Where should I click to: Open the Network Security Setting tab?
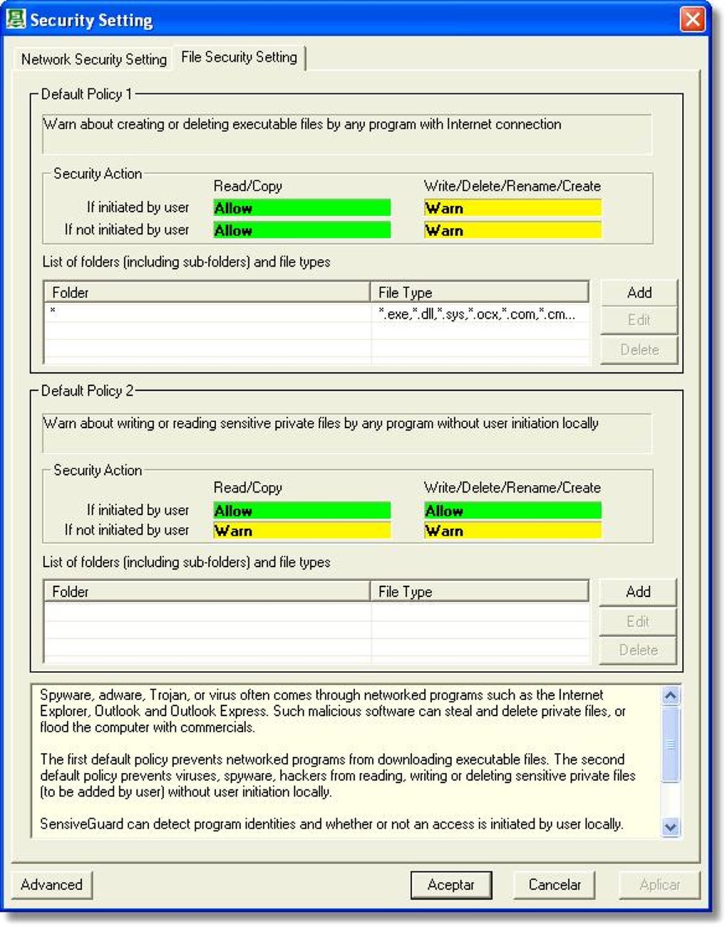(93, 59)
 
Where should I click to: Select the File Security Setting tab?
(239, 57)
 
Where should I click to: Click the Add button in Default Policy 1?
(639, 292)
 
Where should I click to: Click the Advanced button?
(51, 884)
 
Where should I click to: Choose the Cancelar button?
(554, 884)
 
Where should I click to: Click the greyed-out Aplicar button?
(659, 884)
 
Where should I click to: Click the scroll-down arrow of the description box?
(670, 826)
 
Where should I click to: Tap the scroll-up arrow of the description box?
(670, 695)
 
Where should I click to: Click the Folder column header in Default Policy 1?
(207, 292)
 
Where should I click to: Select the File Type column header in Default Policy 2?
(479, 591)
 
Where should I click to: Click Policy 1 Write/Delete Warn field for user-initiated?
(512, 208)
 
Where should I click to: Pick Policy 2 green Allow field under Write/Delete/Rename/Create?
(512, 511)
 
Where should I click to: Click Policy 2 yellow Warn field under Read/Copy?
(301, 531)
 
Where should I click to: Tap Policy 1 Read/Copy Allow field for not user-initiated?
(301, 230)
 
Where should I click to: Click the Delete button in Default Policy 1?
(639, 349)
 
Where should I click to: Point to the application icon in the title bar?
(16, 19)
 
